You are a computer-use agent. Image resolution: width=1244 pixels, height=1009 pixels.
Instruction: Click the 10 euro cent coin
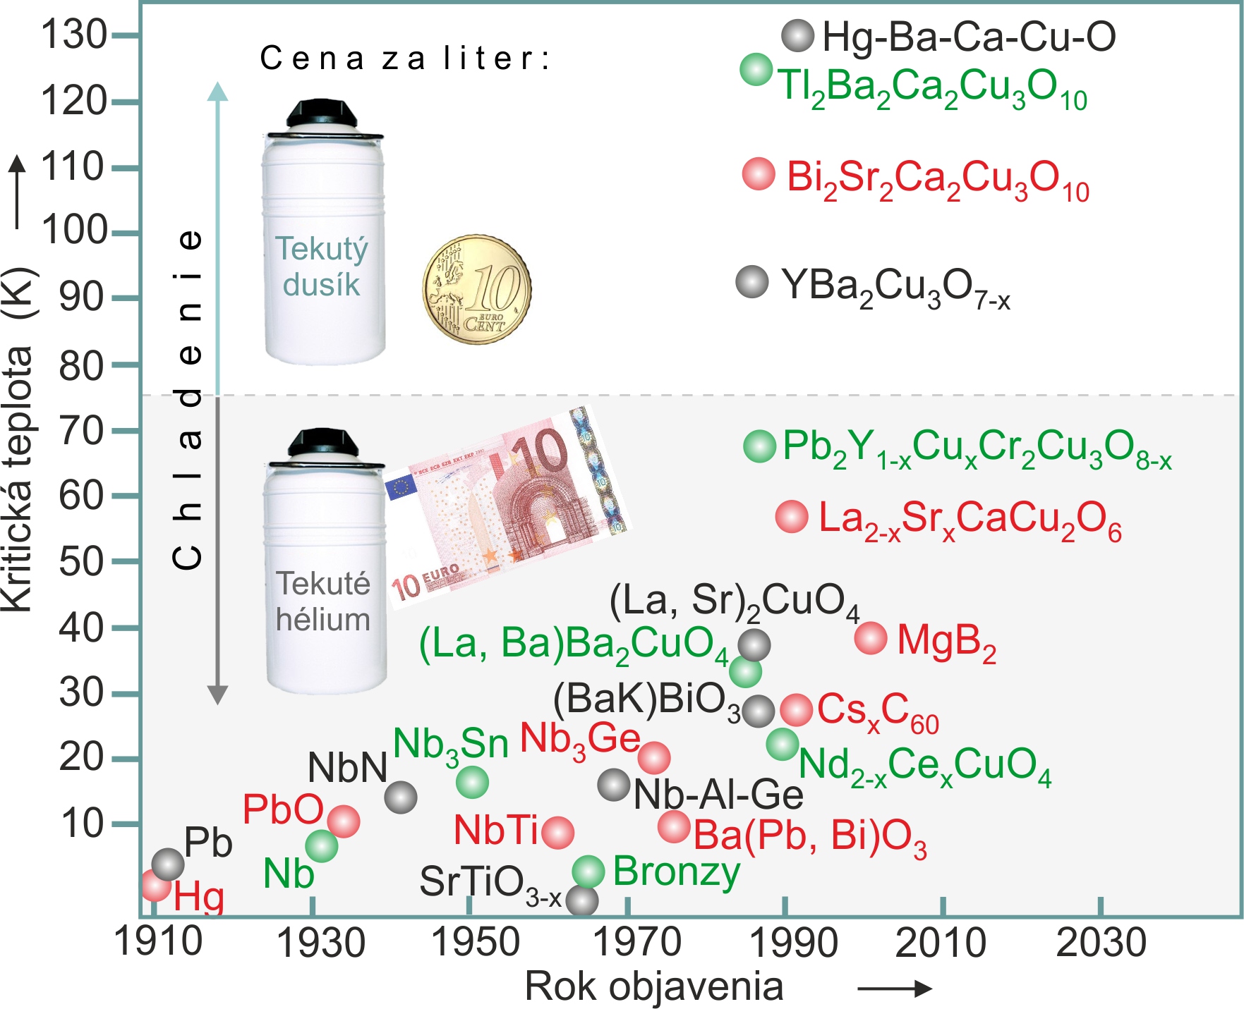[x=476, y=289]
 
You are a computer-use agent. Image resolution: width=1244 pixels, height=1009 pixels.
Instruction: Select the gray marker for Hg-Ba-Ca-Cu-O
[x=798, y=35]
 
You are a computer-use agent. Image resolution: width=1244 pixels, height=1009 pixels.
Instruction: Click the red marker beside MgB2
[x=870, y=638]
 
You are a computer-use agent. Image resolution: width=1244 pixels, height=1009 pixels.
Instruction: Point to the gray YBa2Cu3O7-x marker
[x=752, y=282]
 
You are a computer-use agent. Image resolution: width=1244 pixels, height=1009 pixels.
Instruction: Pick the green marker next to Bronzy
[x=588, y=872]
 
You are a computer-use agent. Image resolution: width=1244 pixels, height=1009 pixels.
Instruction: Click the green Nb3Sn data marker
[x=472, y=782]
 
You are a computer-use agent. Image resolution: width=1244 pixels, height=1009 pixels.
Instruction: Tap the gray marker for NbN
[x=401, y=797]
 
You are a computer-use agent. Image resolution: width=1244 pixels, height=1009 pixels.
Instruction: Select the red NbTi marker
[x=558, y=832]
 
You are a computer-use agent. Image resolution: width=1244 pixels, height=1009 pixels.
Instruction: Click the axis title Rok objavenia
[x=654, y=986]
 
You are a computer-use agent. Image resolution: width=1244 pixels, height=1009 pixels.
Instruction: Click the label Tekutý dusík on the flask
[x=322, y=267]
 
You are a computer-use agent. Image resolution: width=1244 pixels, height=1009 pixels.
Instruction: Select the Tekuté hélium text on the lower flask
[x=323, y=601]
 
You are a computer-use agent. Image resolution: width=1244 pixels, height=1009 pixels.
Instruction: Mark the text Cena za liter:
[x=404, y=59]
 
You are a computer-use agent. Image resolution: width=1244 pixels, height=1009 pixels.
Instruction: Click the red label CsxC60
[x=878, y=711]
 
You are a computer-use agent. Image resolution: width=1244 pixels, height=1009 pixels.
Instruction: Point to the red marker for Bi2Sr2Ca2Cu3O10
[x=759, y=173]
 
